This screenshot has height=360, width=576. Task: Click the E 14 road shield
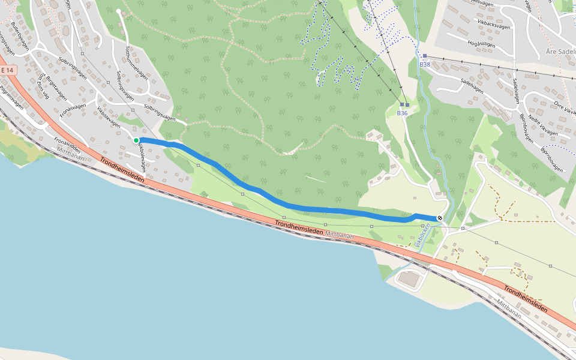[x=7, y=70]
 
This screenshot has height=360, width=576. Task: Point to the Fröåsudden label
[x=67, y=145]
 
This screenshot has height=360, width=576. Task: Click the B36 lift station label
[x=402, y=113]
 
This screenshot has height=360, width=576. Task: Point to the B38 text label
[x=425, y=64]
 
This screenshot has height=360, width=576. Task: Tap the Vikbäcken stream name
[x=422, y=235]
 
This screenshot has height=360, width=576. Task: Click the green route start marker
[x=136, y=140]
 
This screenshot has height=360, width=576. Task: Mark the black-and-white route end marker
[x=440, y=218]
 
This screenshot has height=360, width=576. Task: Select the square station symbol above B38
[x=424, y=56]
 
